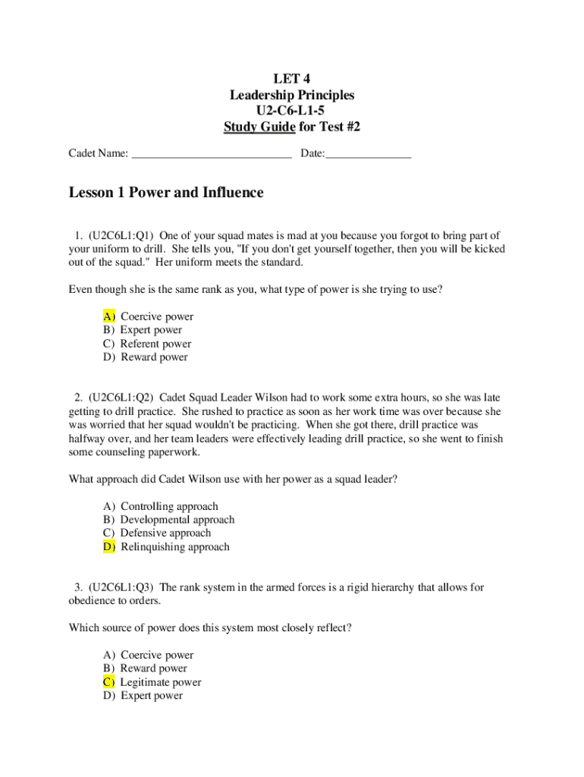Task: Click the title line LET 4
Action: tap(291, 79)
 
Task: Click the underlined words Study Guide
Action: tap(259, 127)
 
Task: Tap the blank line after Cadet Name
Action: tap(212, 154)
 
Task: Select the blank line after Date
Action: tap(369, 154)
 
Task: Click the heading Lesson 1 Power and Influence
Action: tap(166, 193)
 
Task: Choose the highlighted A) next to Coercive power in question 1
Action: tap(109, 316)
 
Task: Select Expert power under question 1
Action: tap(151, 330)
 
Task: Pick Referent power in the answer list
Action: tap(155, 344)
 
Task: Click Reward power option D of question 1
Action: tap(154, 357)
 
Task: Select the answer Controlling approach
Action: tap(169, 506)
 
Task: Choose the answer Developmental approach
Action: tap(177, 520)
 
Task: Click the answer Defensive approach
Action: tap(165, 533)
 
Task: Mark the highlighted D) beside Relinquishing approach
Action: tap(109, 547)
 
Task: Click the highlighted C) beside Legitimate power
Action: tap(109, 682)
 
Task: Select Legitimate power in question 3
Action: tap(161, 682)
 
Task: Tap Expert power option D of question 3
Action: tap(152, 696)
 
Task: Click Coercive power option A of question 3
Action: tap(157, 655)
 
